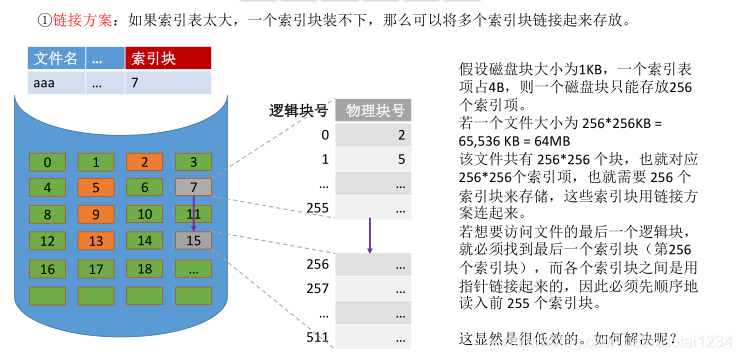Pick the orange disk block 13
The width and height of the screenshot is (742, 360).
point(96,240)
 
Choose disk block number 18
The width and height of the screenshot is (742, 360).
point(143,268)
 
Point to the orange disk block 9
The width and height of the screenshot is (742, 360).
point(96,213)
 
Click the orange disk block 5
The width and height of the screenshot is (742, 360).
point(96,187)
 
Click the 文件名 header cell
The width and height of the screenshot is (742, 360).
point(55,59)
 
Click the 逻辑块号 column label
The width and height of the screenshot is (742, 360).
point(297,111)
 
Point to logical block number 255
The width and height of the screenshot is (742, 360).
point(317,207)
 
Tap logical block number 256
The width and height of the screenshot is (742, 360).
point(317,265)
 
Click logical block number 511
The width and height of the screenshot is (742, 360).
point(317,336)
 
